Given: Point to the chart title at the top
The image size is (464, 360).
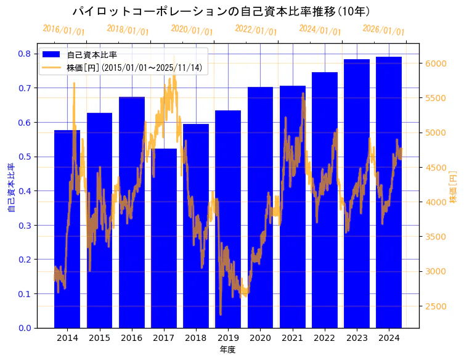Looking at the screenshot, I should pyautogui.click(x=221, y=12).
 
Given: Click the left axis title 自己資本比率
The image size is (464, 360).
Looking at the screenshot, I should pyautogui.click(x=10, y=187).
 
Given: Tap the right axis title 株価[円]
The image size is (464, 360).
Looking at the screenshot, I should pyautogui.click(x=453, y=187).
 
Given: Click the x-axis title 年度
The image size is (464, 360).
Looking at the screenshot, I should pyautogui.click(x=227, y=350).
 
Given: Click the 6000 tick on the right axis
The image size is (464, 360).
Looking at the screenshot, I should pyautogui.click(x=435, y=63).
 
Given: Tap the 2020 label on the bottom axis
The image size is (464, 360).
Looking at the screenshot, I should pyautogui.click(x=260, y=338).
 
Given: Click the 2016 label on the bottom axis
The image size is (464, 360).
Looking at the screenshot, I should pyautogui.click(x=131, y=338).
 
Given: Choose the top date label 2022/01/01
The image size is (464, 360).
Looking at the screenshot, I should pyautogui.click(x=256, y=30).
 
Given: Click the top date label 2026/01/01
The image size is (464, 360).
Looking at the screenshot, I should pyautogui.click(x=383, y=30).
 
